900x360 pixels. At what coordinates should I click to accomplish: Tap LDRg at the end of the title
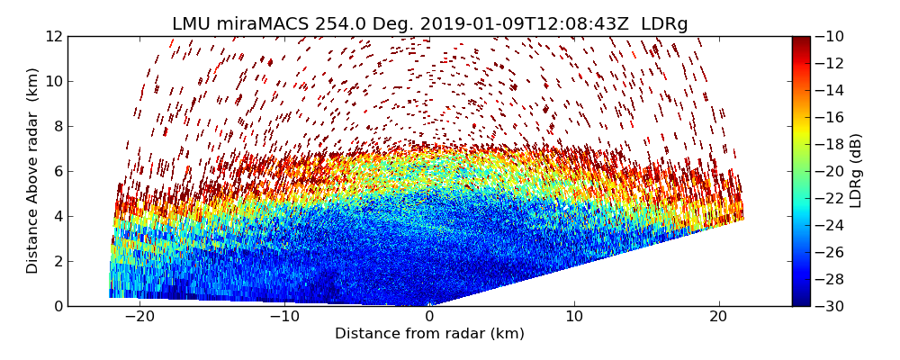[x=664, y=24]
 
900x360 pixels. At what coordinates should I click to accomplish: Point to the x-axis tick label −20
[x=139, y=317]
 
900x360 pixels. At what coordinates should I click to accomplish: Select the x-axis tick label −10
[x=284, y=317]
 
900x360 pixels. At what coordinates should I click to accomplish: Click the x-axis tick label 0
[x=429, y=317]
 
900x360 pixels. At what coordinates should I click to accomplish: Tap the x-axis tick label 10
[x=574, y=317]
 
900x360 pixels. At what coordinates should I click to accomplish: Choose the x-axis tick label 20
[x=718, y=317]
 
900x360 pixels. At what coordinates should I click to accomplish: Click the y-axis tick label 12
[x=53, y=37]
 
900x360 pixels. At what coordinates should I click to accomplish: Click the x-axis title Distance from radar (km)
[x=429, y=334]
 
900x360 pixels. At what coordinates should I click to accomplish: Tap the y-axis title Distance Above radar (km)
[x=33, y=171]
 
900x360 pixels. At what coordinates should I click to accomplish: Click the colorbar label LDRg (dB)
[x=856, y=171]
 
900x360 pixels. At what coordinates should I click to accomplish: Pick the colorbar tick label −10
[x=829, y=37]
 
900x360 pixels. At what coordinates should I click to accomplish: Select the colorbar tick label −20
[x=829, y=171]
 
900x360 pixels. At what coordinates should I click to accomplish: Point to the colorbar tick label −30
[x=829, y=306]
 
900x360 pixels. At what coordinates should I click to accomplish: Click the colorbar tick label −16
[x=829, y=117]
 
